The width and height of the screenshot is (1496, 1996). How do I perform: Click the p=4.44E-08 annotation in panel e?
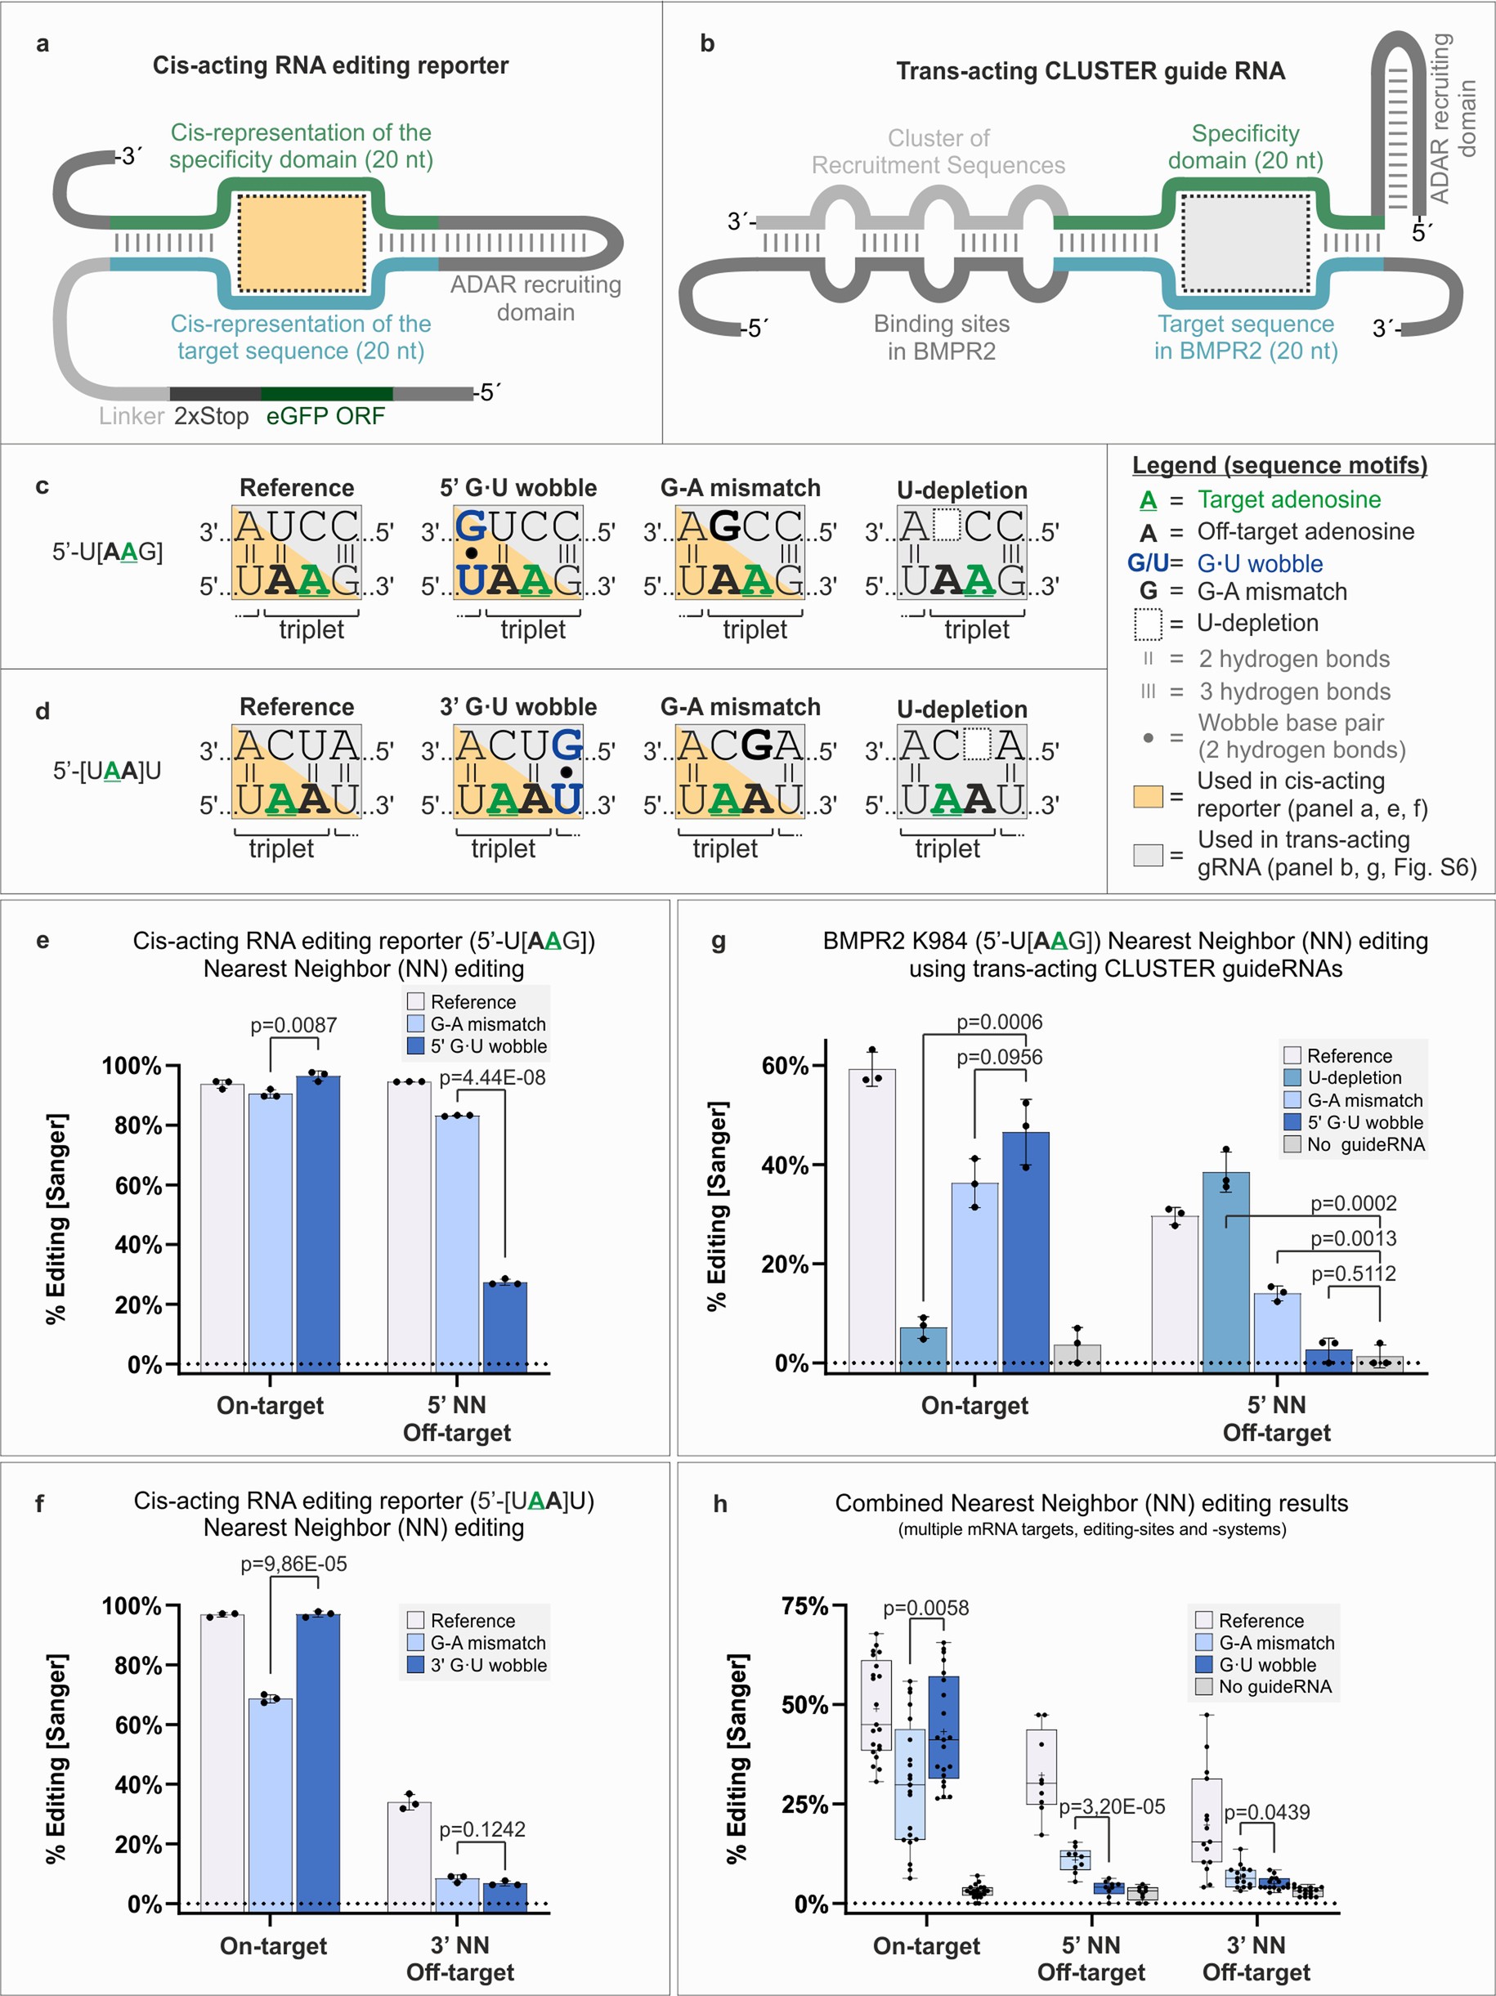(x=492, y=1077)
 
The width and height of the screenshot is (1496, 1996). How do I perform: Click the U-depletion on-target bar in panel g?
(x=923, y=1348)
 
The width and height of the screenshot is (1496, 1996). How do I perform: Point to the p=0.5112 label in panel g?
(x=1353, y=1273)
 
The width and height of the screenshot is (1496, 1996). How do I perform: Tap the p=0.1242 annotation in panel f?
(x=481, y=1829)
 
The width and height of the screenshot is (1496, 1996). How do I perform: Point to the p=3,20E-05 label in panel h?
(x=1112, y=1806)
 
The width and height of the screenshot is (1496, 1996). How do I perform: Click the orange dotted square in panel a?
(x=302, y=242)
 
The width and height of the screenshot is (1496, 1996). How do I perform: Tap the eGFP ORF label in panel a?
(x=325, y=416)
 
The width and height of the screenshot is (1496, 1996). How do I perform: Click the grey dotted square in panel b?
(x=1245, y=243)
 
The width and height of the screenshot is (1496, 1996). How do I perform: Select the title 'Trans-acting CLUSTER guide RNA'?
(x=1090, y=71)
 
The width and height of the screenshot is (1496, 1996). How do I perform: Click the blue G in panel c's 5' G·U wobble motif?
(x=472, y=526)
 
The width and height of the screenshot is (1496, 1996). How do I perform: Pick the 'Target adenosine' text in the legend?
(x=1288, y=499)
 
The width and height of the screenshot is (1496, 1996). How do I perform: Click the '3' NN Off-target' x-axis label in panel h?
(x=1256, y=1958)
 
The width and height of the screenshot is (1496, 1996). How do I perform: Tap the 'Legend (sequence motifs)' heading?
(x=1279, y=465)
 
